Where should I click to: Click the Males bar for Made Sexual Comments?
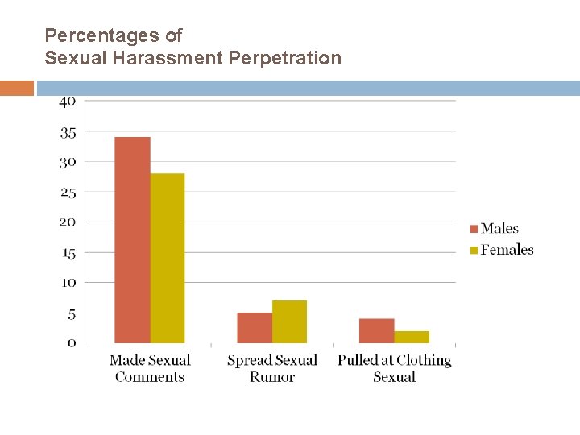pos(132,240)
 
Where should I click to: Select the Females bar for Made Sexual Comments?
pos(168,258)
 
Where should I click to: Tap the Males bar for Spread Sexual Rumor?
pos(255,328)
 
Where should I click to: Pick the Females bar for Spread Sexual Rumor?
pos(289,321)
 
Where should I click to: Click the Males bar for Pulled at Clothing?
pos(376,331)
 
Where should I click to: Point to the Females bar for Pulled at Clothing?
pos(412,337)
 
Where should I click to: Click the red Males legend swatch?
pos(474,229)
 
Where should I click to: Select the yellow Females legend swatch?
pos(474,250)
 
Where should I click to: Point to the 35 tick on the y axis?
pos(68,133)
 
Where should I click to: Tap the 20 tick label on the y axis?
pos(68,222)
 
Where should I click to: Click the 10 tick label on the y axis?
pos(68,283)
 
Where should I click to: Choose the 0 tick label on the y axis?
pos(72,343)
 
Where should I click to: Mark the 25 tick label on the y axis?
pos(68,193)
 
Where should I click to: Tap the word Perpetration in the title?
pos(285,58)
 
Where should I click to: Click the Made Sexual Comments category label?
pos(150,368)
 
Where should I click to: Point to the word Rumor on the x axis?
pos(272,377)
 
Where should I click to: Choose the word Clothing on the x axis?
pos(424,361)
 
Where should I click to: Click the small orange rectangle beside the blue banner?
pos(17,88)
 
